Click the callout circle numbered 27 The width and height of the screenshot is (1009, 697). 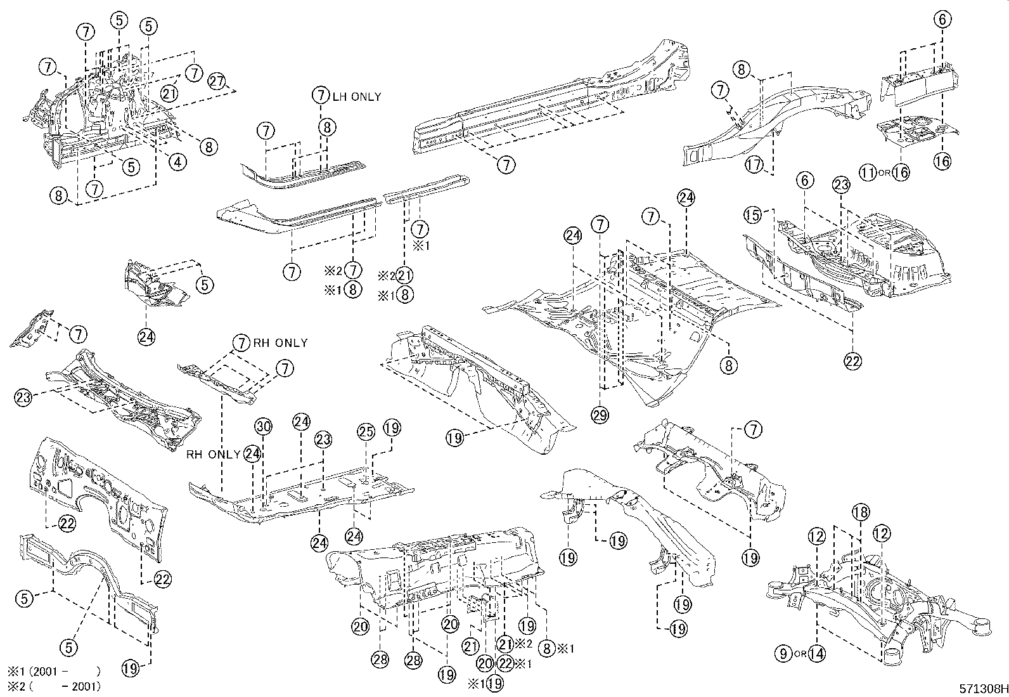pos(217,82)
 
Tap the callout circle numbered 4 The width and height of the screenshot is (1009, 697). pos(178,162)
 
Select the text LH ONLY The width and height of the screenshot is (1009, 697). pos(357,96)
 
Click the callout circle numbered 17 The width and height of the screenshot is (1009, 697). pos(754,164)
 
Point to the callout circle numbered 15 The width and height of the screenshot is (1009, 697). pos(752,216)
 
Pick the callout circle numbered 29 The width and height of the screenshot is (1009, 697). pos(600,415)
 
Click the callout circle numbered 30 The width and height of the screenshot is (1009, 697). pos(264,427)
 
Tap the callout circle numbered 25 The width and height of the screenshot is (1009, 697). pos(366,432)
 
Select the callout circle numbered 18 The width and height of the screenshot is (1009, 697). pos(861,512)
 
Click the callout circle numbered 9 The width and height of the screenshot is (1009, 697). pos(784,652)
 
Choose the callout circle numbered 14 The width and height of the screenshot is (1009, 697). pos(817,652)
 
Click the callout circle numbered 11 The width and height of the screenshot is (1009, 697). pos(868,171)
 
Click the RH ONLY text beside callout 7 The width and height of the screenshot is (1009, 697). pos(281,343)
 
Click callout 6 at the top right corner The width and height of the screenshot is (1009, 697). pos(942,20)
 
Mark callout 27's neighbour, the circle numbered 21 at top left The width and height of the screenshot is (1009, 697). pos(168,93)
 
